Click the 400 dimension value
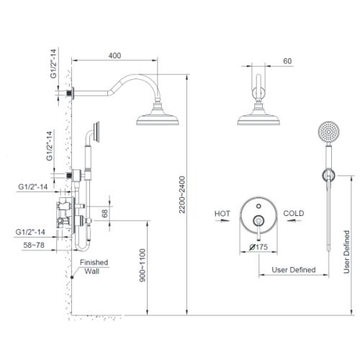coord(114,55)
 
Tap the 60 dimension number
coord(287,61)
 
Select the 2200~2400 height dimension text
coord(182,194)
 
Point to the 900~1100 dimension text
coord(143,266)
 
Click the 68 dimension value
coord(105,213)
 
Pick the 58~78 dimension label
coord(34,245)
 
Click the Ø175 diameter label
coord(258,247)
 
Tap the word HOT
coord(222,214)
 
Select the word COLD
coord(294,213)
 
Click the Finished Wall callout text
coord(94,266)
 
